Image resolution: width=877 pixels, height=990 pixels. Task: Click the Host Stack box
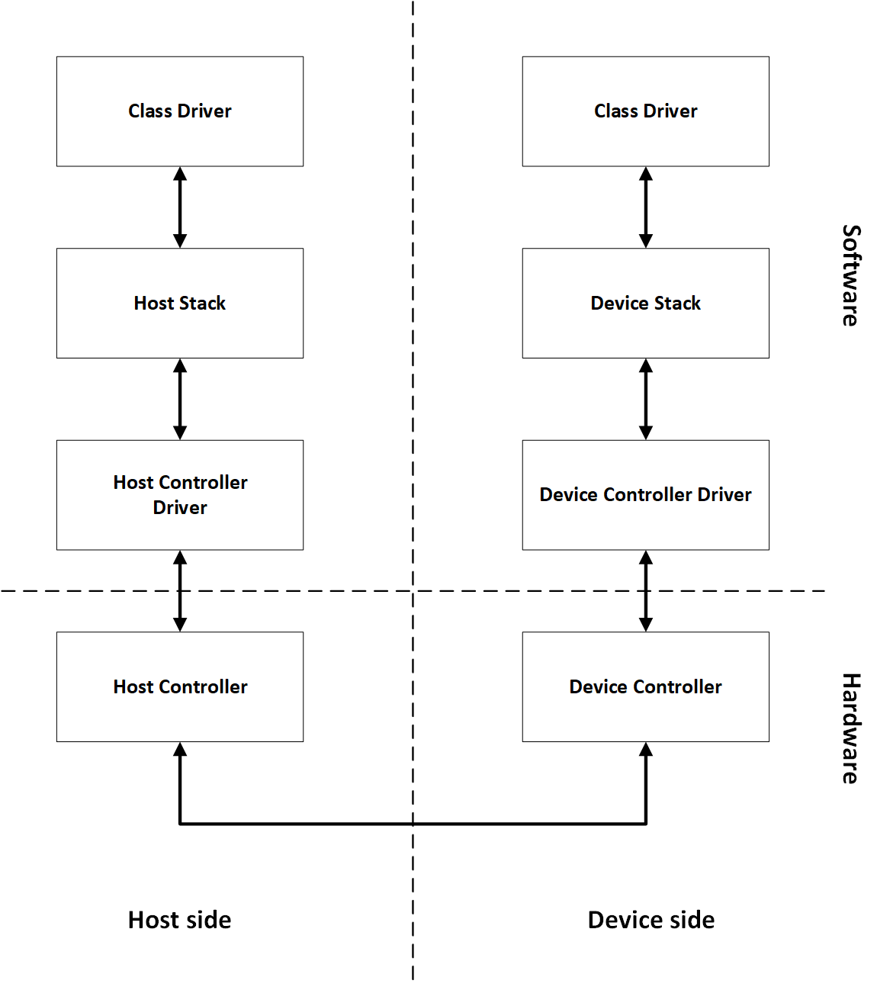tap(180, 303)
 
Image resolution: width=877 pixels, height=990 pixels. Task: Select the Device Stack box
tap(645, 303)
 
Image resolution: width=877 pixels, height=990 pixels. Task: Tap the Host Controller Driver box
tap(180, 494)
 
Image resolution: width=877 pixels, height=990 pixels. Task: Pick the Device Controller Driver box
tap(645, 494)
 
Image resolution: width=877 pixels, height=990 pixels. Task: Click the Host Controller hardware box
tap(180, 686)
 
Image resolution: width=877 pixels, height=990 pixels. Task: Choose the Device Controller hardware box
tap(645, 686)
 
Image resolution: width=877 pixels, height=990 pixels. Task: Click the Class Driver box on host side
tap(180, 111)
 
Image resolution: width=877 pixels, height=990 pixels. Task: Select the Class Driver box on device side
tap(645, 111)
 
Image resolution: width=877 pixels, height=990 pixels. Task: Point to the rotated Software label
tap(850, 275)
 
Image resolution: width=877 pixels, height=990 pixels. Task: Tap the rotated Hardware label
tap(850, 728)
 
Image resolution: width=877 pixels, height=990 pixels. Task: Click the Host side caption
tap(180, 920)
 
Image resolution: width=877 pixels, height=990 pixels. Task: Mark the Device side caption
tap(651, 920)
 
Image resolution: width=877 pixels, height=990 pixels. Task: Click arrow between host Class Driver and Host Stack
tap(180, 207)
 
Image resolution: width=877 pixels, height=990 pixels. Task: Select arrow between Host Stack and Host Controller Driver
tap(180, 399)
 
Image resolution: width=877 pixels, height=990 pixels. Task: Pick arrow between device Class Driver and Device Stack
tap(646, 207)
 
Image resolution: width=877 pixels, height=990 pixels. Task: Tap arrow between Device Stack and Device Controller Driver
tap(646, 399)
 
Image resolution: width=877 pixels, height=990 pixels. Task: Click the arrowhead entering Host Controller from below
tap(180, 750)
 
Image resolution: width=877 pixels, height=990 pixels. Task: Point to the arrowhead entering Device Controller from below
tap(646, 750)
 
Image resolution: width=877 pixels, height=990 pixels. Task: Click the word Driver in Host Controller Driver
tap(180, 508)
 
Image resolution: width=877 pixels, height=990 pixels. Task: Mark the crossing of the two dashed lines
tap(413, 590)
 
